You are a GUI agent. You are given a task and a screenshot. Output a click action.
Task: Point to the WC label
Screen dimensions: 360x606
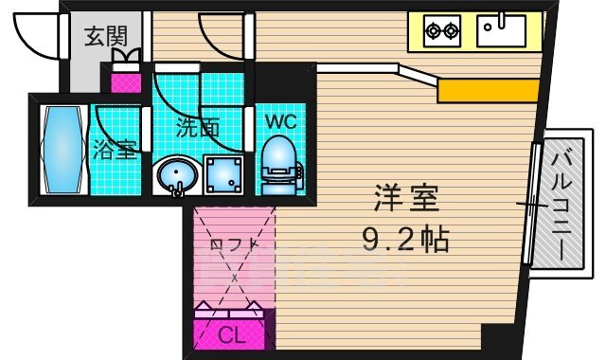click(x=279, y=122)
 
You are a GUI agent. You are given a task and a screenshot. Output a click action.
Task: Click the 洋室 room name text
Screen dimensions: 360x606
click(x=408, y=202)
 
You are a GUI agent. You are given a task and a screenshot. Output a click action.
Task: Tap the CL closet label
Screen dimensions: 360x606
click(x=230, y=334)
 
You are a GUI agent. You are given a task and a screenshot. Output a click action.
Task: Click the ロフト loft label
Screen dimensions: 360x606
click(x=233, y=244)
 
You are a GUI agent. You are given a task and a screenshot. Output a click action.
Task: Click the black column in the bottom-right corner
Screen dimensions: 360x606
click(x=495, y=336)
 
